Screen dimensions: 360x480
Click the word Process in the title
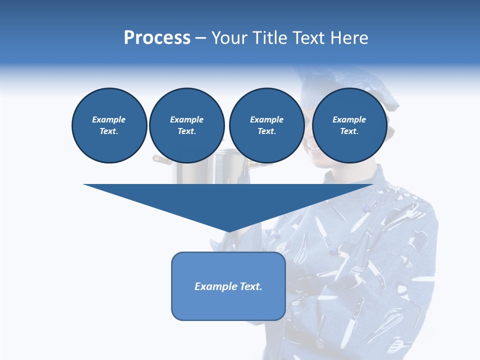coord(157,38)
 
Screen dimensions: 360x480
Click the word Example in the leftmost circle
coord(109,119)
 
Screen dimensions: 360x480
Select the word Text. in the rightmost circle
coord(349,131)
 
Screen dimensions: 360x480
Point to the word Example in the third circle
coord(266,119)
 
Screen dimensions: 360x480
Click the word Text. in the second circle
coord(186,131)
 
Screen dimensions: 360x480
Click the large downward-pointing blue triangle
coord(228,200)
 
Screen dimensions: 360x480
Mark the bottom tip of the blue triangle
coord(228,231)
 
